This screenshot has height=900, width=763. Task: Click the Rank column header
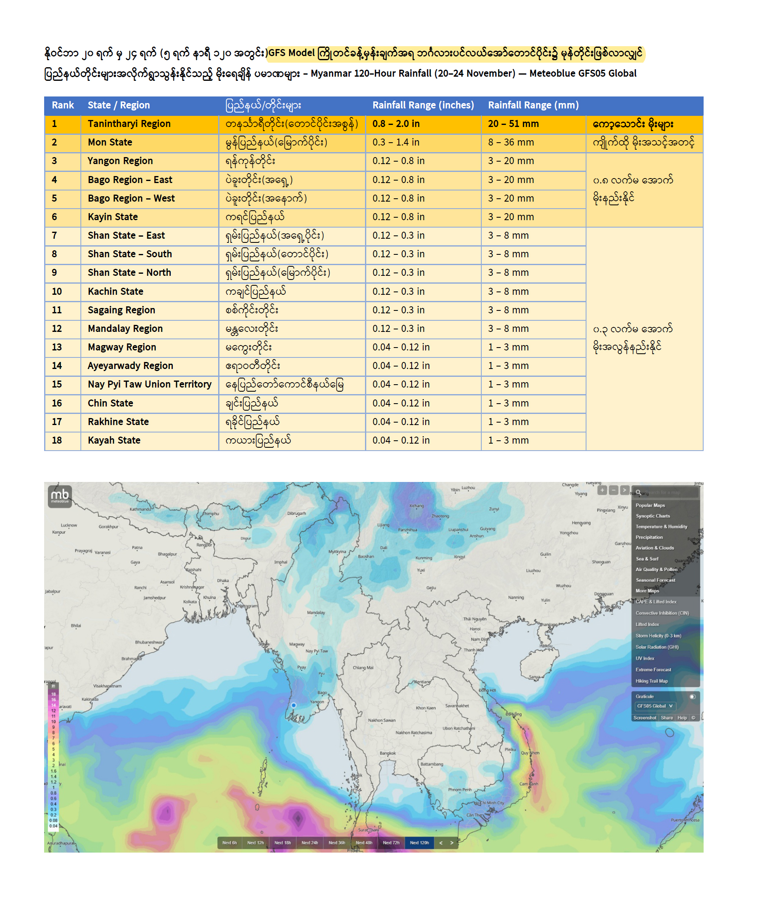click(x=63, y=105)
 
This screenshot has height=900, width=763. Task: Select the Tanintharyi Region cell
click(x=129, y=124)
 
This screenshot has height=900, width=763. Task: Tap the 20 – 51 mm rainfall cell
click(x=513, y=124)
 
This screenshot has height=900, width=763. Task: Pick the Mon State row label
click(x=110, y=142)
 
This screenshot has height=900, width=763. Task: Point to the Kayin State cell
click(x=113, y=216)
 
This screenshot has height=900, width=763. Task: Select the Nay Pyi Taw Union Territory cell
click(x=149, y=384)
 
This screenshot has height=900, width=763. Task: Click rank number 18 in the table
click(x=57, y=440)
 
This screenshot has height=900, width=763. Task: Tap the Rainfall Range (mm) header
click(x=533, y=105)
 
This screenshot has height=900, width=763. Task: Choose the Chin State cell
click(x=110, y=403)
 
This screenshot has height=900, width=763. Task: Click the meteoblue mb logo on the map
click(x=60, y=496)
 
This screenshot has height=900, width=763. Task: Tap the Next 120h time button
click(x=419, y=843)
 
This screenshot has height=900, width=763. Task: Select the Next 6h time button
click(x=229, y=843)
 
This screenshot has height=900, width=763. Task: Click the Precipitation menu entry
click(x=649, y=537)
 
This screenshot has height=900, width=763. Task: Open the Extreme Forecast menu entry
click(x=653, y=670)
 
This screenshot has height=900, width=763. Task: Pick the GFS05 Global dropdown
click(x=655, y=706)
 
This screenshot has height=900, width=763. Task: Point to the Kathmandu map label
click(x=140, y=509)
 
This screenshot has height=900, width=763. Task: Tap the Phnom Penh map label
click(x=459, y=790)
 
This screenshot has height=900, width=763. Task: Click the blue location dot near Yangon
click(x=294, y=705)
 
